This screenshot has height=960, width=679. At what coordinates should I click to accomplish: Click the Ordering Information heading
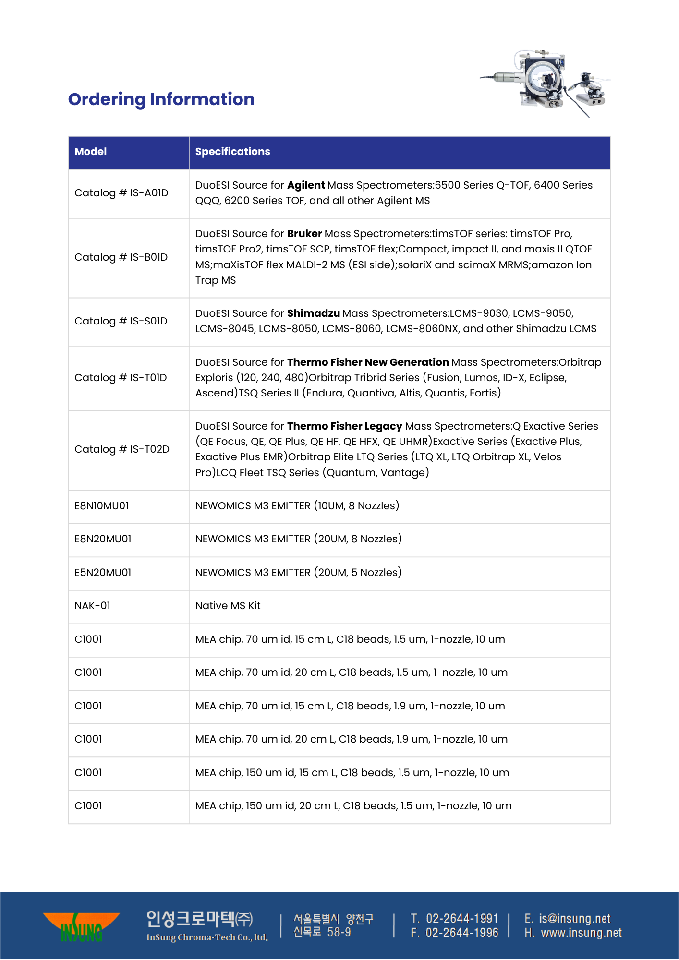[x=161, y=99]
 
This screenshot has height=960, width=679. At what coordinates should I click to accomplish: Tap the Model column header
[x=91, y=152]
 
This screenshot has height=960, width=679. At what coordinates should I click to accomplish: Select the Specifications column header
[x=232, y=152]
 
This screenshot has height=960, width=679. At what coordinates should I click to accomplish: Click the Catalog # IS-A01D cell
[x=121, y=193]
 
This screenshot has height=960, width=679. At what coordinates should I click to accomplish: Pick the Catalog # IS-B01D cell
[x=121, y=257]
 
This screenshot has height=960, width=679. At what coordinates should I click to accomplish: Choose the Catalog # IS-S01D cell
[x=121, y=321]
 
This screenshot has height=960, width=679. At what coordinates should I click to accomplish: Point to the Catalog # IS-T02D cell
[x=122, y=449]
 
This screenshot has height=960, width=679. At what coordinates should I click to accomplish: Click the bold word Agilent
[x=306, y=185]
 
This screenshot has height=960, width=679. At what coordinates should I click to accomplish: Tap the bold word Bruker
[x=304, y=234]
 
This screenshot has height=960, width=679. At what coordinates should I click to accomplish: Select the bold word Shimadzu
[x=313, y=313]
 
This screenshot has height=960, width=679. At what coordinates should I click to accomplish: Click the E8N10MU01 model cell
[x=102, y=506]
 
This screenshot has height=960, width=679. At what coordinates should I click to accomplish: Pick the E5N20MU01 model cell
[x=103, y=573]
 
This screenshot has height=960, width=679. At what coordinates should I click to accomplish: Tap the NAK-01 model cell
[x=93, y=606]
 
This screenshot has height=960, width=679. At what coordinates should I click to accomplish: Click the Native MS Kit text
[x=228, y=606]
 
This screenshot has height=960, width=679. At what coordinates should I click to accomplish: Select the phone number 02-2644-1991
[x=462, y=919]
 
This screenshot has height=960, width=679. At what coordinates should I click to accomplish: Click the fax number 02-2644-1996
[x=462, y=933]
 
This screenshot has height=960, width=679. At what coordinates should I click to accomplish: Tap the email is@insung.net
[x=574, y=919]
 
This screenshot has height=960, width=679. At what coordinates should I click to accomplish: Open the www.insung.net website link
[x=581, y=933]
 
